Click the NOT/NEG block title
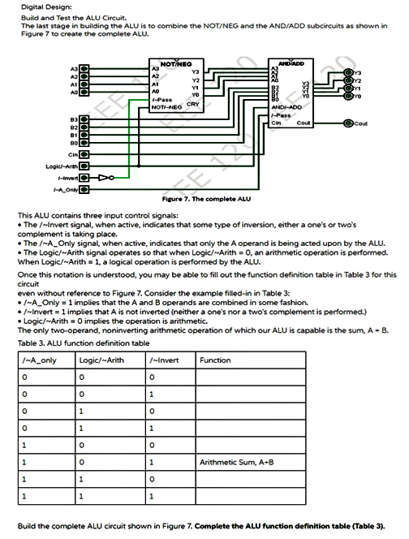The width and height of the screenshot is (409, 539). coord(175,63)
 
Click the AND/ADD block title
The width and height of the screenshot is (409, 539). coord(290,63)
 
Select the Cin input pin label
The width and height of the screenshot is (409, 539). coord(73,153)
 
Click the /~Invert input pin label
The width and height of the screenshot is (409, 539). coord(67,176)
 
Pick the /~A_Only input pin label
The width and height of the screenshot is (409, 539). coord(65,188)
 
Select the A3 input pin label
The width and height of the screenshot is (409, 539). coord(73,70)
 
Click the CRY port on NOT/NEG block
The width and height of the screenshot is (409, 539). coord(194,104)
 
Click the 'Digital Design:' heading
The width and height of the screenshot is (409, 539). coord(32,7)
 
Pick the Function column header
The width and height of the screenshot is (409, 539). coord(215,360)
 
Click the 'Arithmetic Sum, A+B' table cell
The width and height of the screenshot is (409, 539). coord(236,462)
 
